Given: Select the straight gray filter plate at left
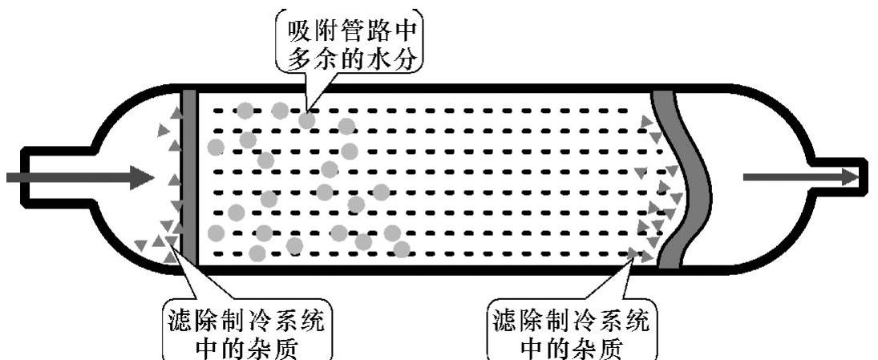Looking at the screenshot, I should (x=189, y=176).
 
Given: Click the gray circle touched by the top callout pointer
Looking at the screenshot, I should (x=307, y=120).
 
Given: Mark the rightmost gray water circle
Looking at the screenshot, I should (x=401, y=249).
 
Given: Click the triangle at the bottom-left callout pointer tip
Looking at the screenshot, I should (x=170, y=257).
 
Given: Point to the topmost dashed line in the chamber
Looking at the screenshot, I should (x=425, y=111).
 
